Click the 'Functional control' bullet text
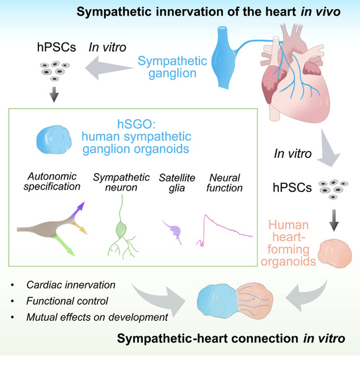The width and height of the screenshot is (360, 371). (59, 302)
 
